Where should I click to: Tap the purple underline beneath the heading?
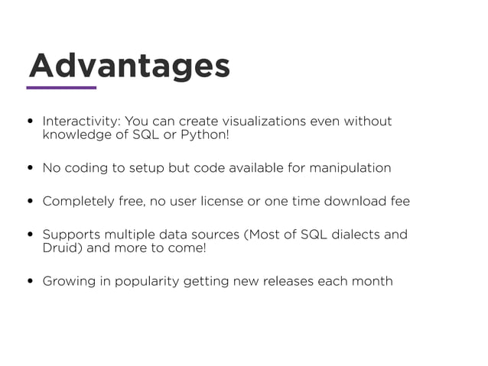click(x=61, y=88)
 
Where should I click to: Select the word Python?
click(x=206, y=135)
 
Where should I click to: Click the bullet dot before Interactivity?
click(x=30, y=121)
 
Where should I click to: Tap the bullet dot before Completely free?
click(x=30, y=202)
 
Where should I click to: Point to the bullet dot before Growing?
click(x=30, y=281)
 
